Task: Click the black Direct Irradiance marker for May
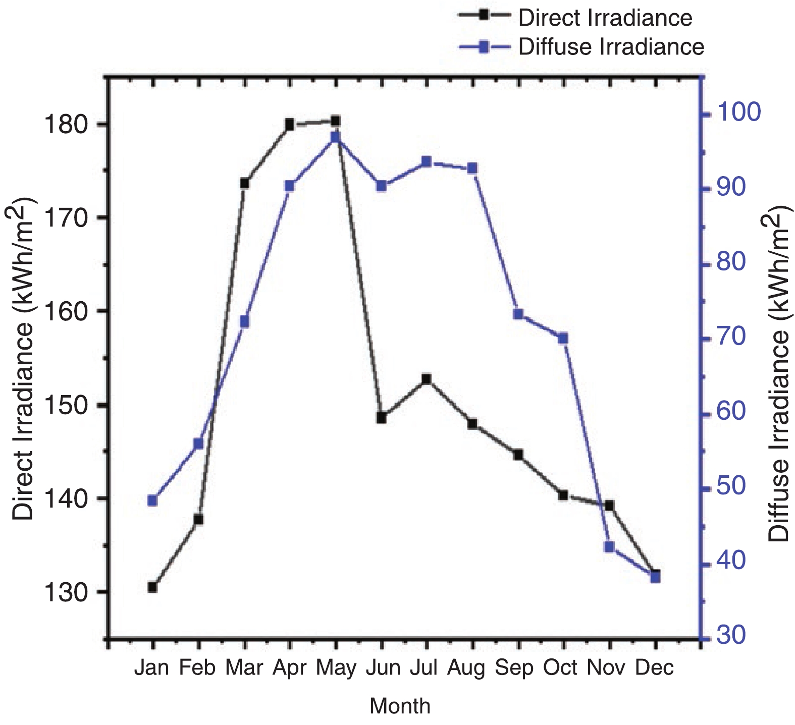(x=336, y=121)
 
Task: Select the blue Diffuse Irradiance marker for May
(x=336, y=138)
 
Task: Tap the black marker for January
(x=152, y=587)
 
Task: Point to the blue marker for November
(x=609, y=547)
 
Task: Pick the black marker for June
(x=382, y=418)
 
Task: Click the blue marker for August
(x=472, y=168)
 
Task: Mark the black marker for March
(x=244, y=183)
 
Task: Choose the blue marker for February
(x=198, y=444)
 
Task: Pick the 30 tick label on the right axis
(x=730, y=636)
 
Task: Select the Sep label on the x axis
(x=514, y=667)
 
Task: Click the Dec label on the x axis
(x=654, y=667)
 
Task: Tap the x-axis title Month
(x=400, y=706)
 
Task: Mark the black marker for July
(x=427, y=379)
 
